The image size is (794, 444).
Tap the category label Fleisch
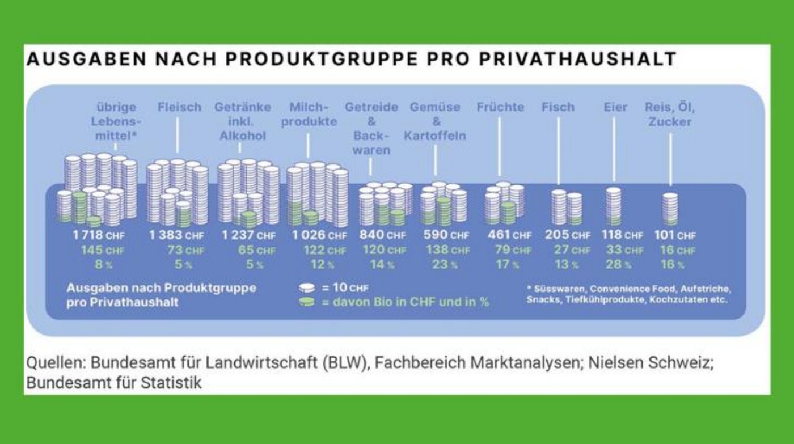[x=179, y=107]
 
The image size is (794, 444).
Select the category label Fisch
[x=558, y=107]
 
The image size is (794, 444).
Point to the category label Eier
[x=615, y=107]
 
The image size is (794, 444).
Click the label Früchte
[x=500, y=107]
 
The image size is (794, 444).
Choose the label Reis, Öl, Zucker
[x=670, y=114]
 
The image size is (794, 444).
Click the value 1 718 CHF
[x=98, y=235]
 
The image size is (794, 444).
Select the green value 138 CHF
[x=446, y=250]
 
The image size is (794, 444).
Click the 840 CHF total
[x=382, y=235]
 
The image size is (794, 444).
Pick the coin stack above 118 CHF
[x=614, y=206]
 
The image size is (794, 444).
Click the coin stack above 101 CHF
[x=670, y=209]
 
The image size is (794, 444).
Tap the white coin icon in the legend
[x=307, y=287]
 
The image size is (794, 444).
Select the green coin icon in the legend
[x=307, y=302]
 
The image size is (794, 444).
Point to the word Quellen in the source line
[x=54, y=363]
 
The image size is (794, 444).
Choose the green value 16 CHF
[x=678, y=250]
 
